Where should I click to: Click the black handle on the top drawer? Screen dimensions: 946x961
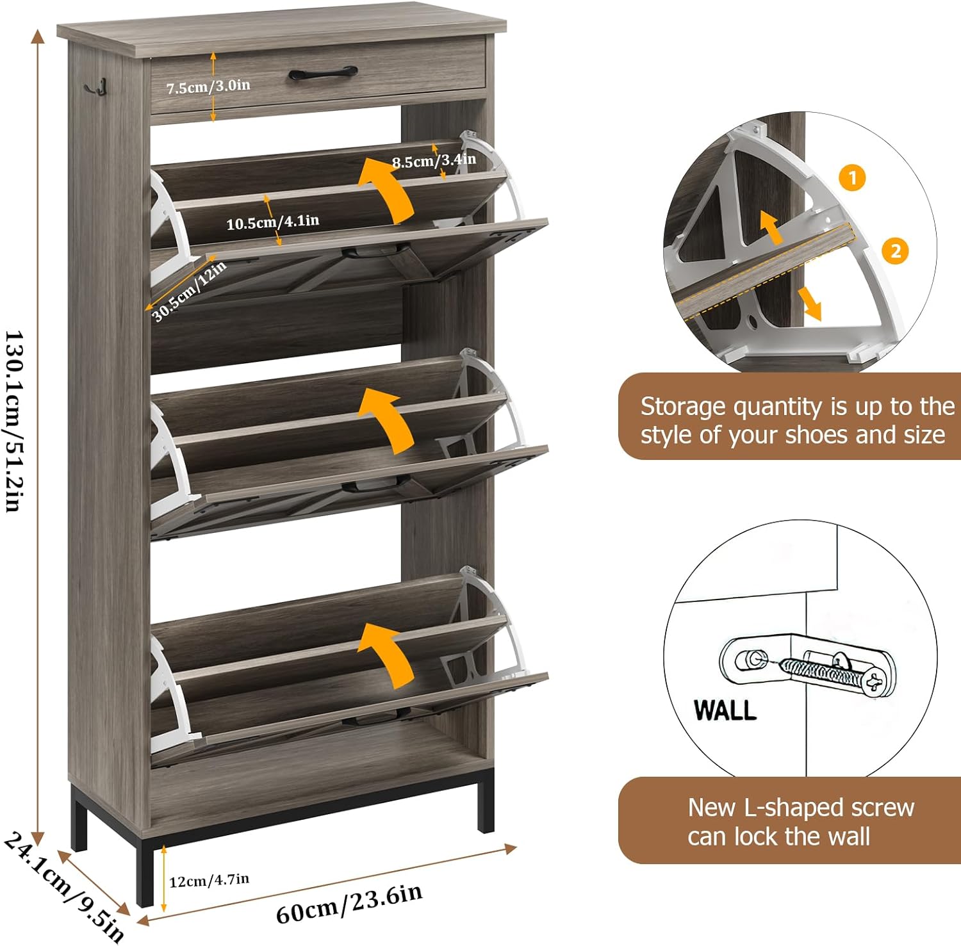point(322,73)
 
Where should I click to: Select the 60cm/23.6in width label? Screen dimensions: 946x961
point(349,904)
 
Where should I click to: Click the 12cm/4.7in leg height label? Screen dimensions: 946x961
point(209,880)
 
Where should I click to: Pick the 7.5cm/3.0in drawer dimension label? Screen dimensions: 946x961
point(208,86)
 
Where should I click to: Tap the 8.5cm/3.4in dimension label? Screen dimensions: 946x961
point(434,160)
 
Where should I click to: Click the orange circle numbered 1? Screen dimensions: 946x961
point(852,178)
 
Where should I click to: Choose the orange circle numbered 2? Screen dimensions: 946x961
point(895,250)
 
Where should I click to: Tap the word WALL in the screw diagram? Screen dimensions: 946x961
point(725,710)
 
